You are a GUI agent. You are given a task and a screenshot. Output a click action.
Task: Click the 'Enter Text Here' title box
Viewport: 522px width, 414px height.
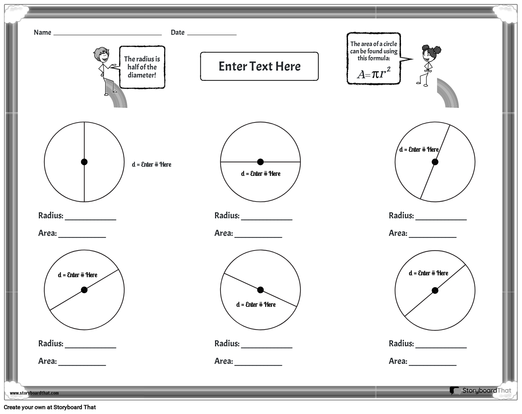(x=259, y=66)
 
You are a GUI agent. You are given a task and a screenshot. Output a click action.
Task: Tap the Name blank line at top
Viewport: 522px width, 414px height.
(x=107, y=34)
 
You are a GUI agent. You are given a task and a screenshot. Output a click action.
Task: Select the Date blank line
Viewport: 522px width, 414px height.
(x=212, y=34)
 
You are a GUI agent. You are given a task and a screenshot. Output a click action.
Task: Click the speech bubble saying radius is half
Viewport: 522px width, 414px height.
(x=142, y=67)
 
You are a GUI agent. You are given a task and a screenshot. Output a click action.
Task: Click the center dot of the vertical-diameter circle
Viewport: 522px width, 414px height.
(x=84, y=162)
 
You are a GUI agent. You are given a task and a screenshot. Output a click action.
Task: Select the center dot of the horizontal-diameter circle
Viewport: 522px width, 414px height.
(x=260, y=162)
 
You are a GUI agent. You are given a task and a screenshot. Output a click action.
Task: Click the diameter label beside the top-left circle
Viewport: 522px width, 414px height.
(x=152, y=165)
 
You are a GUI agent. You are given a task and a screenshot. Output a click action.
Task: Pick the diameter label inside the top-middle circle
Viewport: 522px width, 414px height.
(x=261, y=174)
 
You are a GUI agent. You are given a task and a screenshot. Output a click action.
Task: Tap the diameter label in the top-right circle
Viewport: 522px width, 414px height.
(x=419, y=150)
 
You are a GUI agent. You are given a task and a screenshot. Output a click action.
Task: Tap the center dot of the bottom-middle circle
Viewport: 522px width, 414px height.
(x=260, y=290)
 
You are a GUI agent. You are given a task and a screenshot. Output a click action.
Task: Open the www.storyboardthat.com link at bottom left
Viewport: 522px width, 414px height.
(x=34, y=393)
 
